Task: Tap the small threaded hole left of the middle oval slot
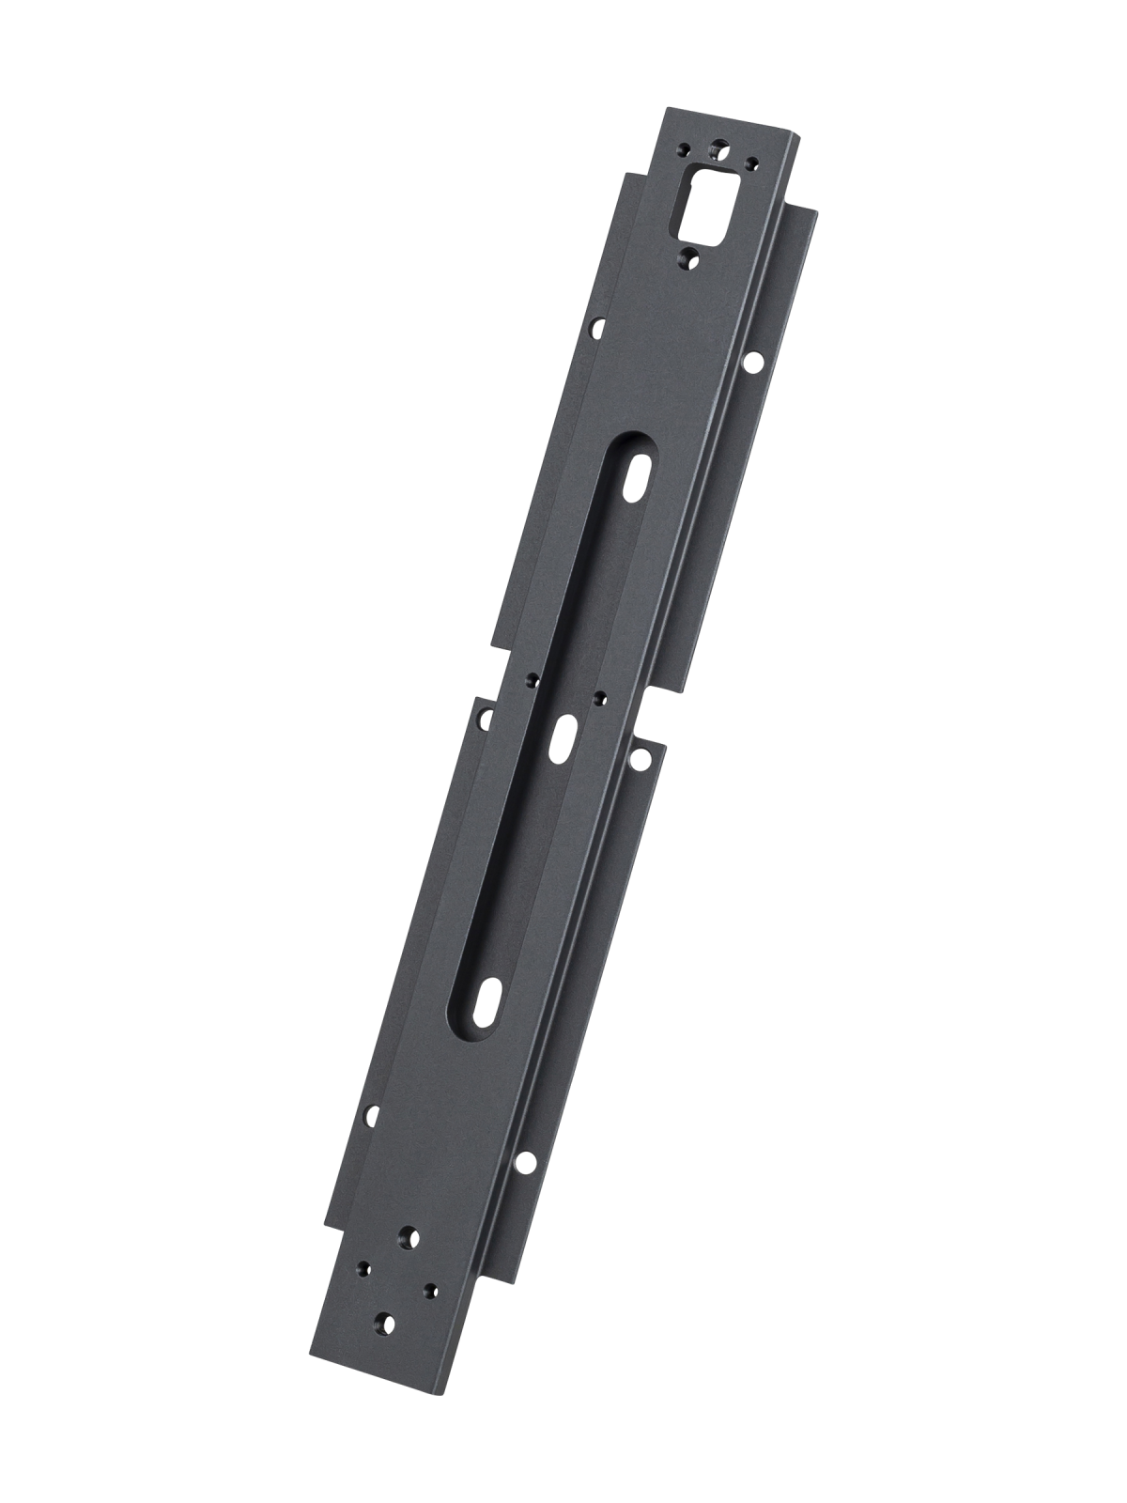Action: [x=531, y=678]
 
